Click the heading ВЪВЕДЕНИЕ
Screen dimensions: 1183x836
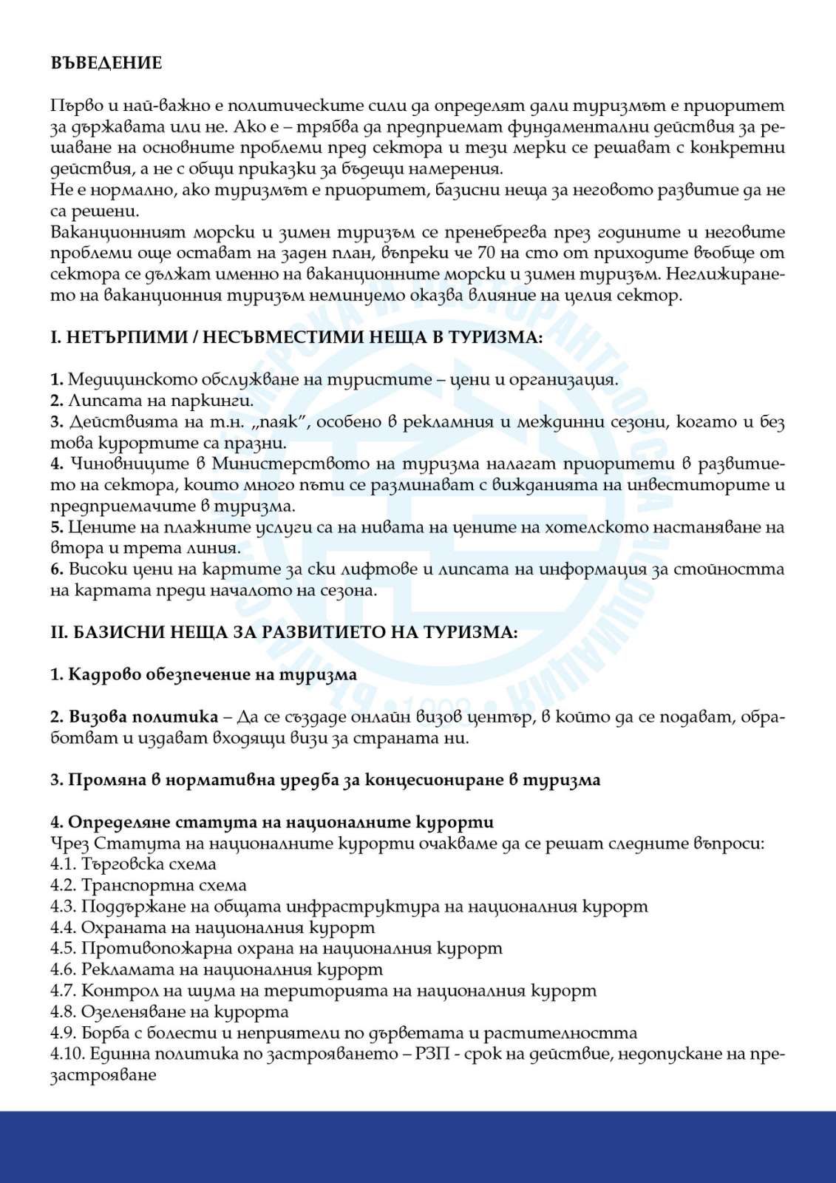pyautogui.click(x=106, y=63)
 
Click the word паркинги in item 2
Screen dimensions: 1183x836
pyautogui.click(x=213, y=401)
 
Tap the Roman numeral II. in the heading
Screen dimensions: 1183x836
pyautogui.click(x=59, y=633)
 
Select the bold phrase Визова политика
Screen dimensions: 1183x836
pyautogui.click(x=144, y=717)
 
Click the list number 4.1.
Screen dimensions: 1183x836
pyautogui.click(x=64, y=864)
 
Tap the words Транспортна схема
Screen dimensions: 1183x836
pyautogui.click(x=163, y=885)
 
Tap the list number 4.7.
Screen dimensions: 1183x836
pyautogui.click(x=64, y=990)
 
